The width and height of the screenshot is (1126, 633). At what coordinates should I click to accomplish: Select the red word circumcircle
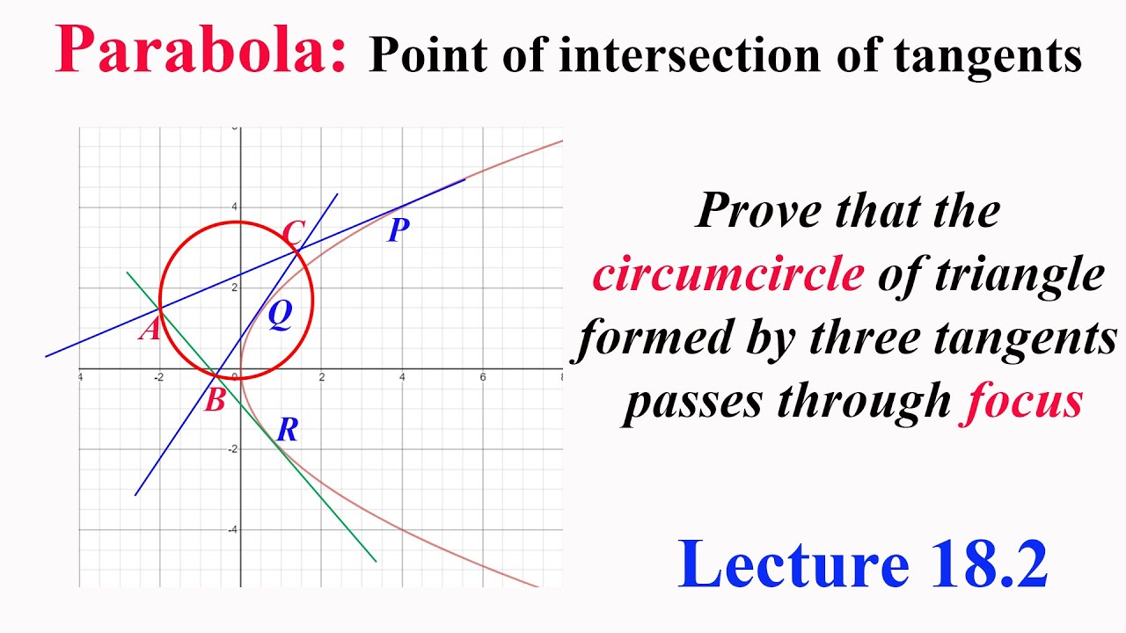(728, 274)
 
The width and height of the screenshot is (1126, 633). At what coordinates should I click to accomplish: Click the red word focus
(1020, 402)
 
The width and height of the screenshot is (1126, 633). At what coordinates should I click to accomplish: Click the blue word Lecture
(793, 564)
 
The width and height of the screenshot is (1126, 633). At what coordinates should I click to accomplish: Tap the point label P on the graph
(398, 230)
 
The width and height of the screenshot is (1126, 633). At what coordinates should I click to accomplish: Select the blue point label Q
(280, 314)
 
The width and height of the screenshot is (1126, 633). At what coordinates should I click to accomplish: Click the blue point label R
(288, 430)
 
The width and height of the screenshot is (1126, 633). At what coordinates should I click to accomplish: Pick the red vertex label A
(150, 330)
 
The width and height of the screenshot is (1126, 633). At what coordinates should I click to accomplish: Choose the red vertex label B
(215, 401)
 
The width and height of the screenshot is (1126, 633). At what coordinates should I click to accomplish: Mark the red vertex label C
(293, 234)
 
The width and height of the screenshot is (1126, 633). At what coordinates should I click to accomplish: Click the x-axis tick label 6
(482, 378)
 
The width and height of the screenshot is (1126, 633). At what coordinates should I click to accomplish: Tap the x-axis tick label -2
(158, 378)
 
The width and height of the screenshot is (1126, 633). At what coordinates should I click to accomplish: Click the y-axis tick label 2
(233, 288)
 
